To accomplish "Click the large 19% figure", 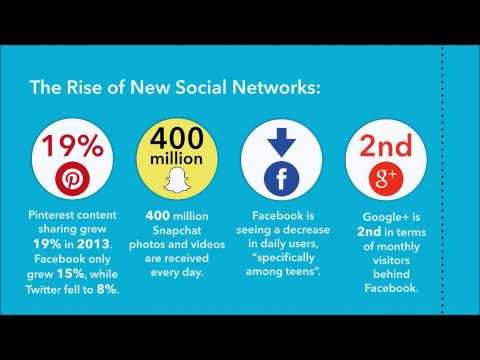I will (72, 145).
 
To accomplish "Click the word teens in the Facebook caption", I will (304, 259).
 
